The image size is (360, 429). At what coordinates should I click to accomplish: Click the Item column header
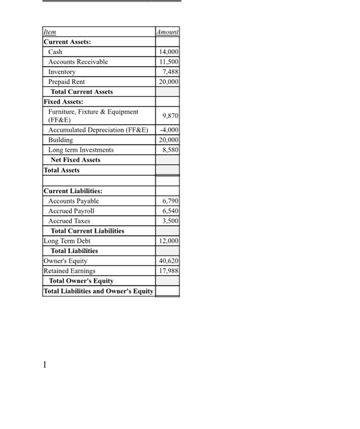48,32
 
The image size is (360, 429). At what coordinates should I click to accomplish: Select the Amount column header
167,32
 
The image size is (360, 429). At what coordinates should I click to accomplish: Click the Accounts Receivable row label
78,62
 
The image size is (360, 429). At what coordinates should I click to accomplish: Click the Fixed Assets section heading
63,101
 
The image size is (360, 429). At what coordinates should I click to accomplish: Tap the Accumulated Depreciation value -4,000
169,130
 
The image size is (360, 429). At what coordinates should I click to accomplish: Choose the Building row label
61,140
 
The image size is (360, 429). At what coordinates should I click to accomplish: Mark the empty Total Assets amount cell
167,170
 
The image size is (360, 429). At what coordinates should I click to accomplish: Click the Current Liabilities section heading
73,191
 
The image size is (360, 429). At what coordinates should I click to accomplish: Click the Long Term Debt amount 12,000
169,241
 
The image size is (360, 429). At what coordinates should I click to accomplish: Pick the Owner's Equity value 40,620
169,260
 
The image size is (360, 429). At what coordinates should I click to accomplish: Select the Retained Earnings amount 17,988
169,270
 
